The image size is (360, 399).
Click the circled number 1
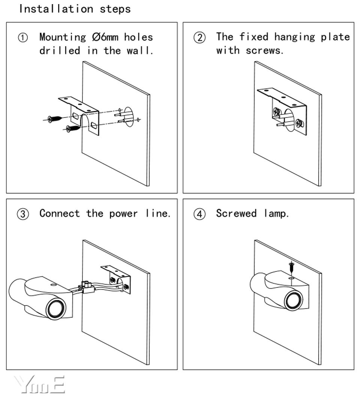(23, 38)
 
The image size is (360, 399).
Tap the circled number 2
(199, 38)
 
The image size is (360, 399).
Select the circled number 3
(23, 214)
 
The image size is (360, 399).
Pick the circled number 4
(199, 214)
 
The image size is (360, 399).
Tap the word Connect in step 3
(60, 214)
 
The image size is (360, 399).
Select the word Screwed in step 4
(236, 214)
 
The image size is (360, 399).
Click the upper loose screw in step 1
(55, 119)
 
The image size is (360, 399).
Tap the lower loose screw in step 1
(73, 128)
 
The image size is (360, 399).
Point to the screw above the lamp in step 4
(291, 268)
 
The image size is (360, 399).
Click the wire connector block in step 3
(87, 287)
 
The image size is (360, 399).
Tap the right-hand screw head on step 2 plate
(299, 122)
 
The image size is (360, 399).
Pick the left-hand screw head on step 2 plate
(276, 111)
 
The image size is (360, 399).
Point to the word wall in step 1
(143, 51)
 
